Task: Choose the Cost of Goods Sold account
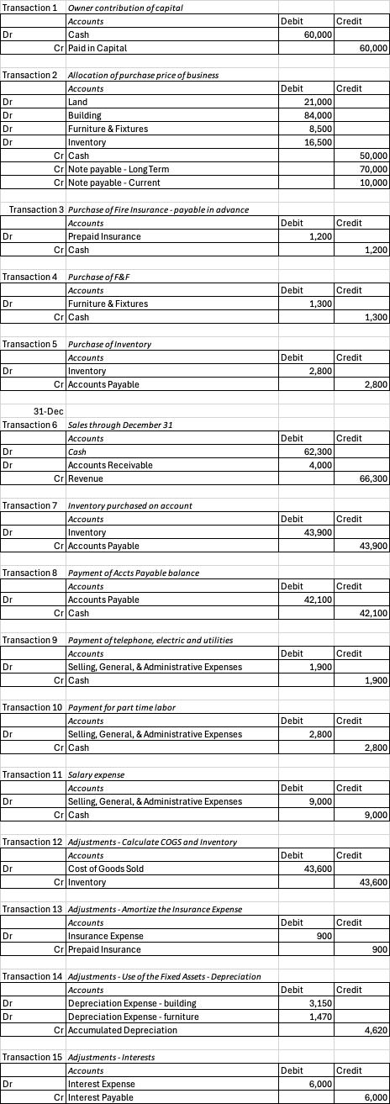(102, 869)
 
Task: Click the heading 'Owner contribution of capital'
(124, 8)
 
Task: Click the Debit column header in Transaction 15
(292, 1070)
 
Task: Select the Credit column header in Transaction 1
(348, 21)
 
